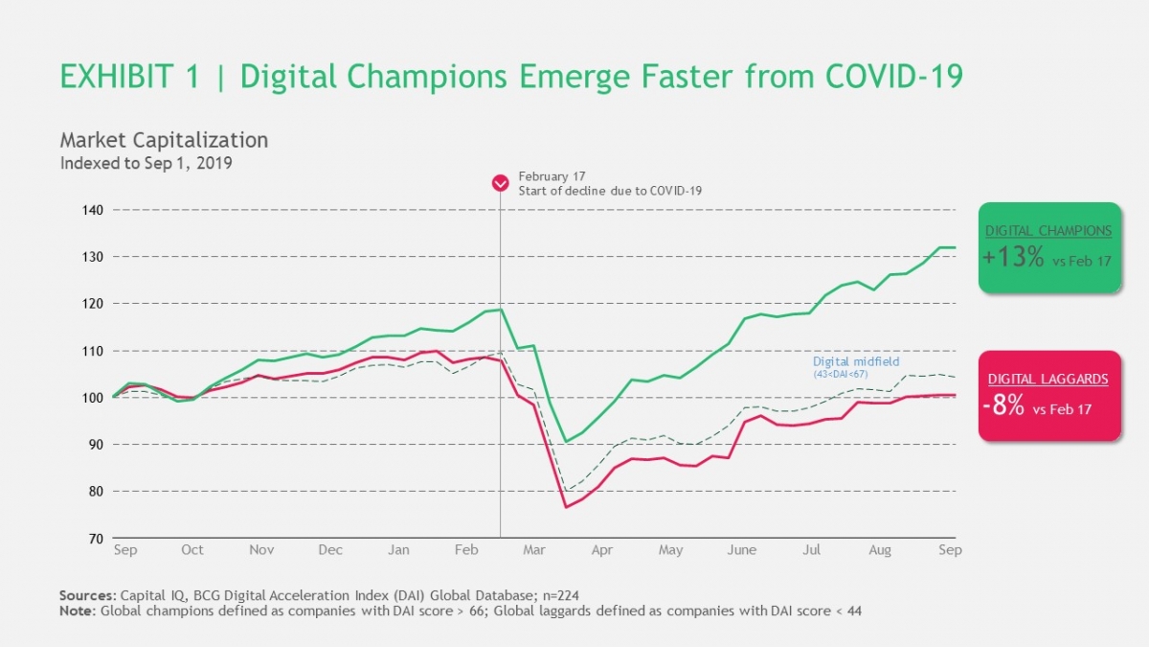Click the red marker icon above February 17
click(500, 183)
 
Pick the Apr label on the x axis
click(602, 550)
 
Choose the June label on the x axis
click(742, 550)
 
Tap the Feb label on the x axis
click(466, 550)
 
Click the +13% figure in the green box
click(1013, 258)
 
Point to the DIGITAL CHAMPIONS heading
click(1048, 231)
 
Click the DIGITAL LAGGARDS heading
click(1048, 380)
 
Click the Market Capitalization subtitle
click(164, 140)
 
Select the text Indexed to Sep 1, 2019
click(146, 163)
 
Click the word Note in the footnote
click(77, 611)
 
